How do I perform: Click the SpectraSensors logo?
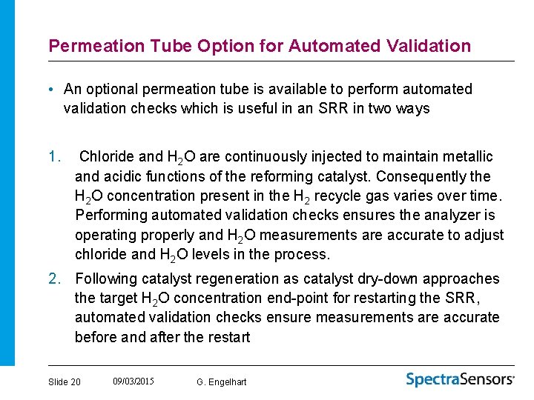coord(460,379)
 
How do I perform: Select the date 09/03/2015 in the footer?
coord(133,381)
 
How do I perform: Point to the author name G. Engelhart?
coord(222,381)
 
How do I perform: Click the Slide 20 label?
coord(65,381)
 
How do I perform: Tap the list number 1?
coord(53,156)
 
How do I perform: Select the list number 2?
coord(53,279)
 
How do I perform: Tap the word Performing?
coord(111,215)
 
